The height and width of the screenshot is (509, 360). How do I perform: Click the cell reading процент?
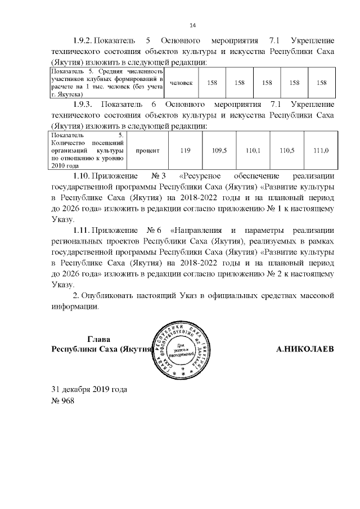[x=148, y=151]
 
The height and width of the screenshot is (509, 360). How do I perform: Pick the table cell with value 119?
[x=185, y=151]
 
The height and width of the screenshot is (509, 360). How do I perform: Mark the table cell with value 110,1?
[x=253, y=151]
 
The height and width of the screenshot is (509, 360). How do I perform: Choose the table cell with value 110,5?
[x=287, y=151]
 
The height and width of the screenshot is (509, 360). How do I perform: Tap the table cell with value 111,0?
[x=321, y=151]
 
